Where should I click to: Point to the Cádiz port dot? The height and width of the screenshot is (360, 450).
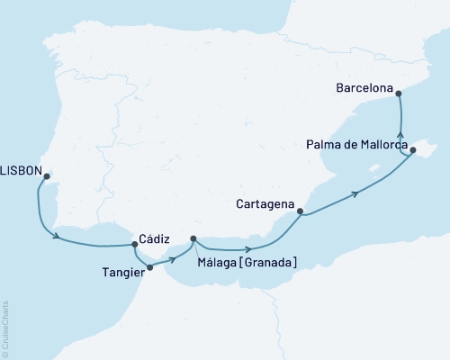(x=135, y=244)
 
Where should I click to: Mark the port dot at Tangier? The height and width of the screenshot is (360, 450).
(x=149, y=267)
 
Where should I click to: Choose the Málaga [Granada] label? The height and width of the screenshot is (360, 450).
(x=247, y=262)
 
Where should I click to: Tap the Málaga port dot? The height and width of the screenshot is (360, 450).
(x=193, y=238)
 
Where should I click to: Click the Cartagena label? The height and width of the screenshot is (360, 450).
(x=266, y=202)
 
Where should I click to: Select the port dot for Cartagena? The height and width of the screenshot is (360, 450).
(x=301, y=212)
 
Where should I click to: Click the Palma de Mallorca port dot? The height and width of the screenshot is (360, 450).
(x=413, y=151)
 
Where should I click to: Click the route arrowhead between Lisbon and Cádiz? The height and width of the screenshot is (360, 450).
(x=58, y=238)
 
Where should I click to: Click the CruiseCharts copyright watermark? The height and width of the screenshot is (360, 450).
(x=5, y=328)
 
